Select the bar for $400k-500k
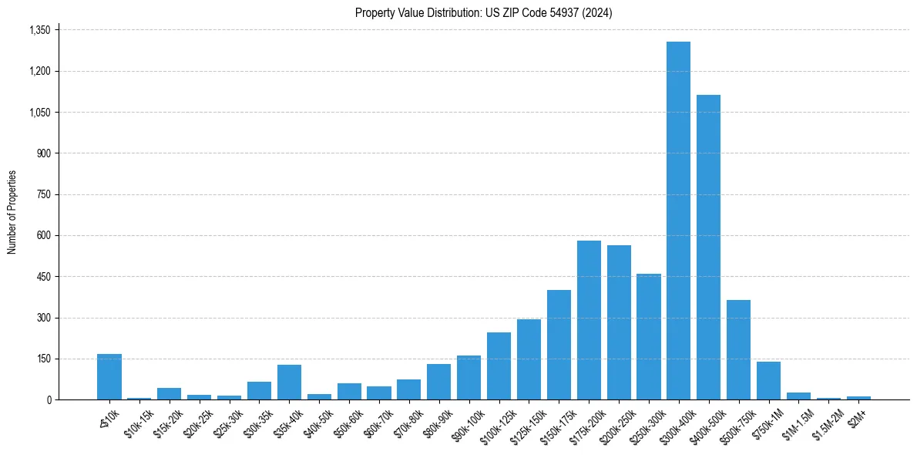708,247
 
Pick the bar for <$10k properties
109,377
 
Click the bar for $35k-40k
289,383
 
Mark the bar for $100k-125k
499,366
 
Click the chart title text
483,12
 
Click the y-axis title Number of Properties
12,212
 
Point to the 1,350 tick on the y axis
39,30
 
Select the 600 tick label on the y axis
44,235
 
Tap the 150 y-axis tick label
44,359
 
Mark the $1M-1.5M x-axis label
795,420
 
